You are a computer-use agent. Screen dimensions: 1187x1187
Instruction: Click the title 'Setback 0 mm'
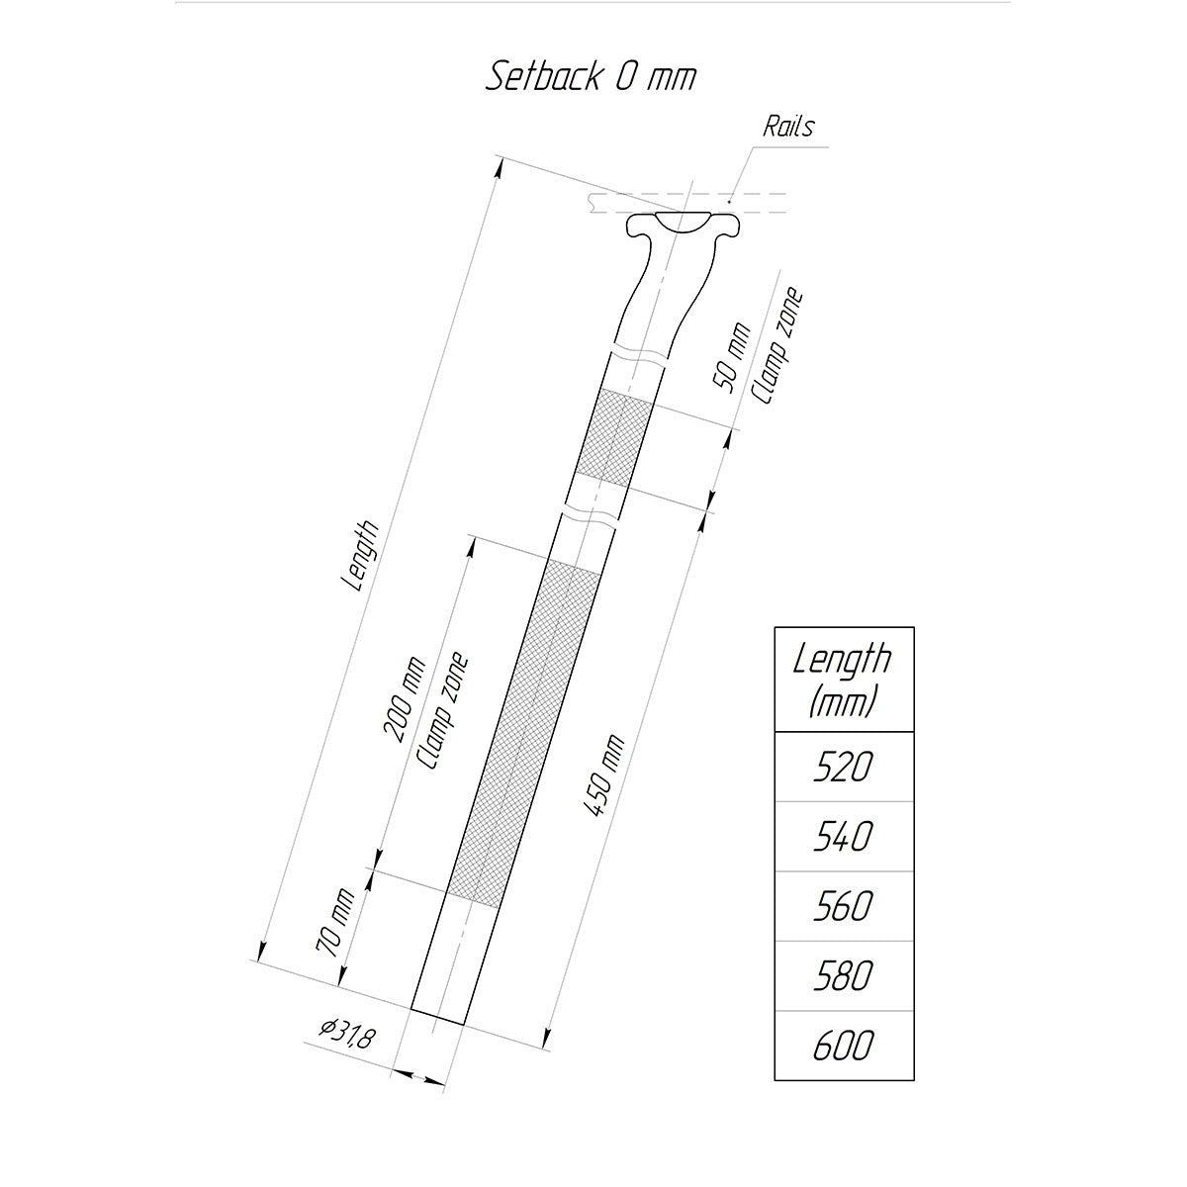coord(591,77)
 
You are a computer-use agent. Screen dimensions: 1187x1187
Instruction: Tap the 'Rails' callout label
coord(788,127)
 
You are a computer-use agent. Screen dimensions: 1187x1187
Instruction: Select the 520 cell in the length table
coord(844,767)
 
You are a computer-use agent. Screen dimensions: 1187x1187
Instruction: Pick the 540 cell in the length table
coord(844,837)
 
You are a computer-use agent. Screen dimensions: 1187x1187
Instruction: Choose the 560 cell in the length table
coord(844,906)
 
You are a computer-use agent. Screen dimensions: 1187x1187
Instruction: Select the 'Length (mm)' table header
coord(844,680)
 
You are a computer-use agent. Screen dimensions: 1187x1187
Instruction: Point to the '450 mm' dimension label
coord(603,776)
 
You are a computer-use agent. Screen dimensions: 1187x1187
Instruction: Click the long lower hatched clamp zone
coord(522,732)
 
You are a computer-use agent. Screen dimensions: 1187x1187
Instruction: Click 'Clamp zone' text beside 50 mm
coord(776,346)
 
